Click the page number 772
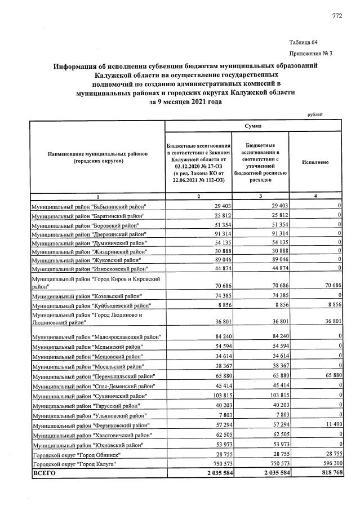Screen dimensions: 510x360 [x=337, y=16]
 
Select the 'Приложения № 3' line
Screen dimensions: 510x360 [x=310, y=54]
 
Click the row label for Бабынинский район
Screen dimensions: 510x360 [x=88, y=207]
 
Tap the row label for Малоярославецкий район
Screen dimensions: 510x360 [x=96, y=336]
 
